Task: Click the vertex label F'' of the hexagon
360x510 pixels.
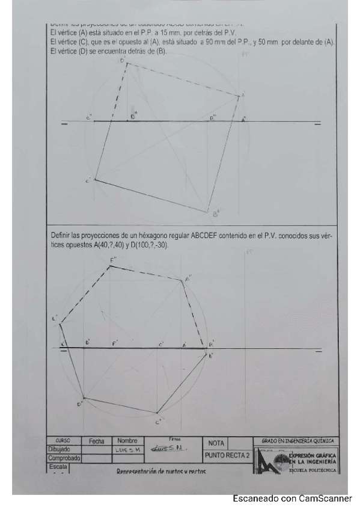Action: [x=112, y=260]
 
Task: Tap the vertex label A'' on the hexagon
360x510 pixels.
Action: [x=188, y=279]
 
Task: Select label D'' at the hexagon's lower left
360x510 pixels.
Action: [x=79, y=404]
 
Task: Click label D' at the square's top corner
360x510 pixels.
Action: [x=123, y=61]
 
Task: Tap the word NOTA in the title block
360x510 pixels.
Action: [x=216, y=443]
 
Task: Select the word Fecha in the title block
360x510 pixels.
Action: [x=96, y=441]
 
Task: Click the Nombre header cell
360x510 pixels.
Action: [x=127, y=441]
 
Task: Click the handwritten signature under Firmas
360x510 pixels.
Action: [x=174, y=449]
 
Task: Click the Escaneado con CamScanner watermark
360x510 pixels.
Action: [x=292, y=499]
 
